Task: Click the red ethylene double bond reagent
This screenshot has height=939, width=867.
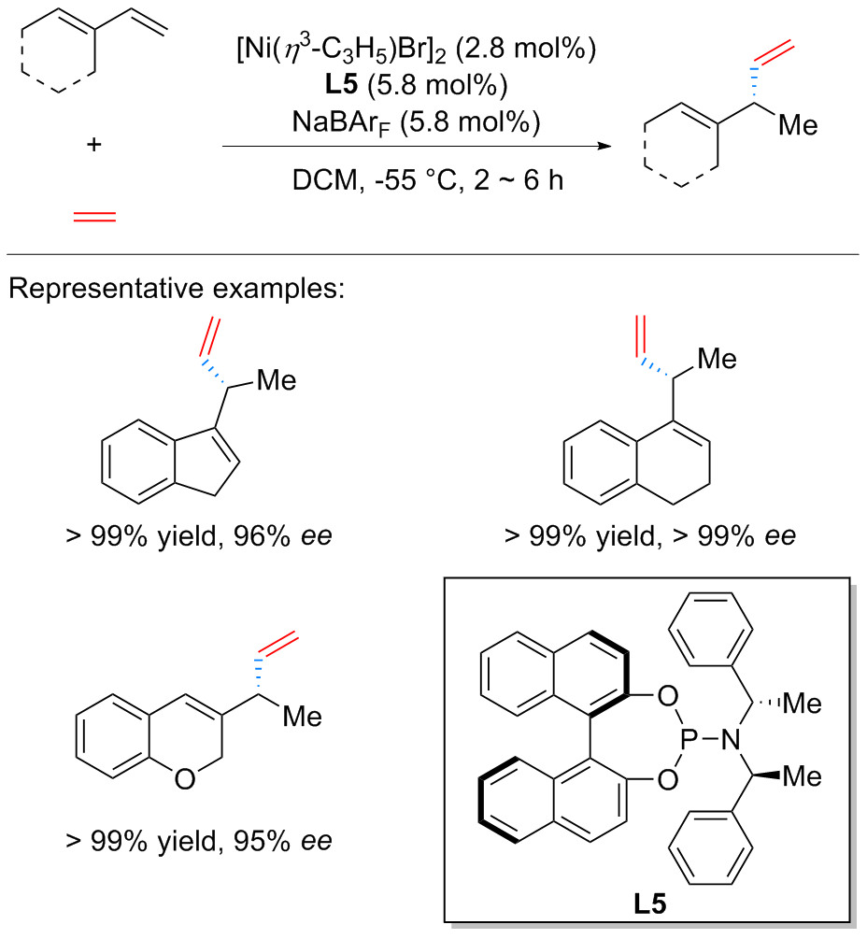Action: coord(95,216)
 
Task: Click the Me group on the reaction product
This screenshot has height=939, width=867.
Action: coord(796,126)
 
